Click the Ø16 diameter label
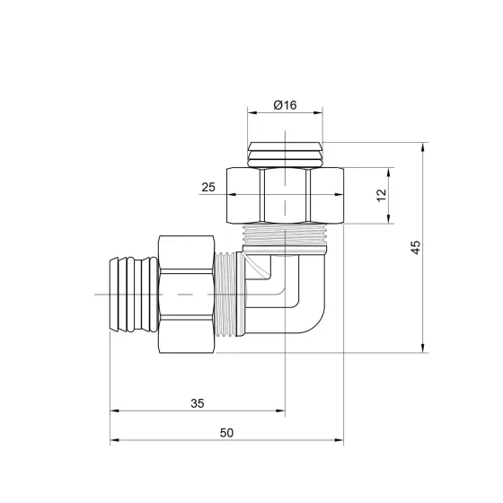[x=285, y=104]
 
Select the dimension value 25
[x=208, y=188]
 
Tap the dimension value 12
[x=380, y=194]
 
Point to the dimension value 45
[x=414, y=247]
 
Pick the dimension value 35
[x=198, y=403]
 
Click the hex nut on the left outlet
[x=187, y=295]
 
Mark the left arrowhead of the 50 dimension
[x=113, y=442]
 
